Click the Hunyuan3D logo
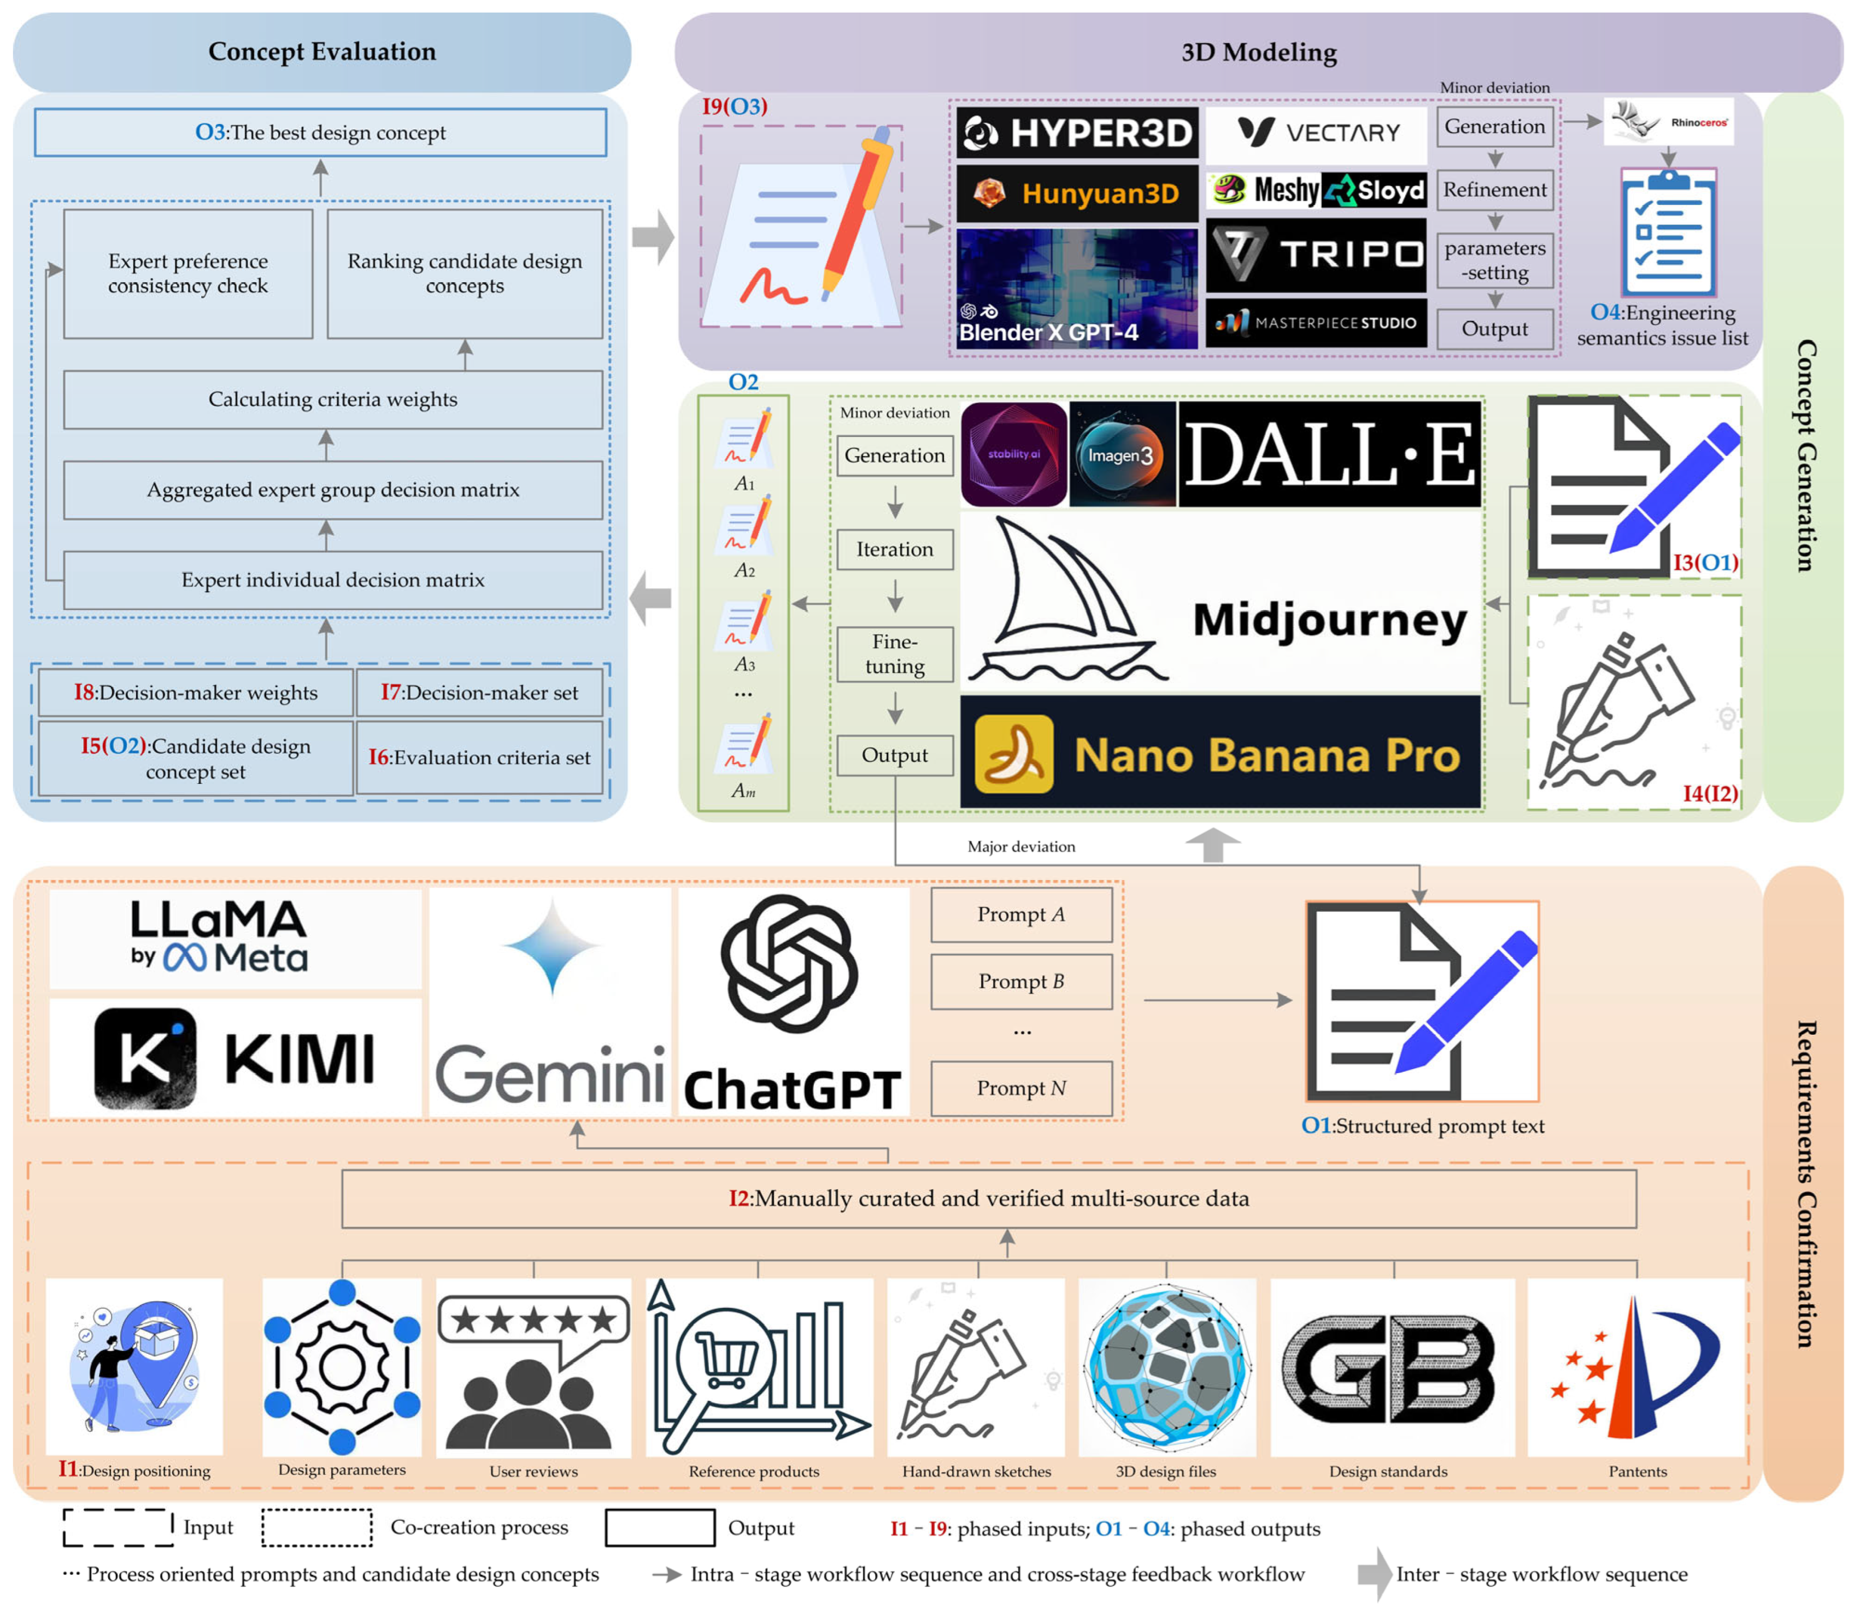point(1077,193)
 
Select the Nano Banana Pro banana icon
point(1014,753)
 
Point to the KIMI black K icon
point(145,1058)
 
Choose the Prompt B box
point(1021,982)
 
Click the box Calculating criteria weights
point(333,399)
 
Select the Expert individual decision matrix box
point(333,580)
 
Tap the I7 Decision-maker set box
point(479,692)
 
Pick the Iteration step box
point(894,549)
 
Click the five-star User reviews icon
point(533,1366)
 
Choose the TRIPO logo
point(1316,255)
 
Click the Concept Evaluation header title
point(322,52)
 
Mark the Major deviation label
point(1021,847)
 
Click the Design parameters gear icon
point(342,1366)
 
